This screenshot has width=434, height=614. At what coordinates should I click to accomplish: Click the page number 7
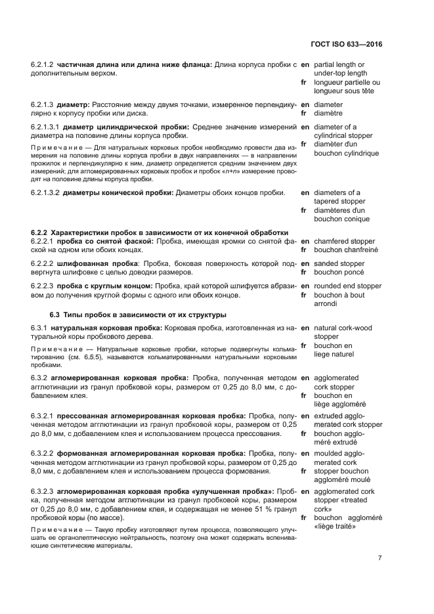click(x=380, y=558)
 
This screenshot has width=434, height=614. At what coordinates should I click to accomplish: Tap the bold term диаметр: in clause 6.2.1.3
click(x=74, y=104)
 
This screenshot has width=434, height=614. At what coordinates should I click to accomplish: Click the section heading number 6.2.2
click(x=40, y=232)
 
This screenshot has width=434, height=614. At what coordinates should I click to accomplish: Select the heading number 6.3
click(x=56, y=315)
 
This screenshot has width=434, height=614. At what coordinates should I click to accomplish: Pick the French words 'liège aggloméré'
click(x=339, y=404)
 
